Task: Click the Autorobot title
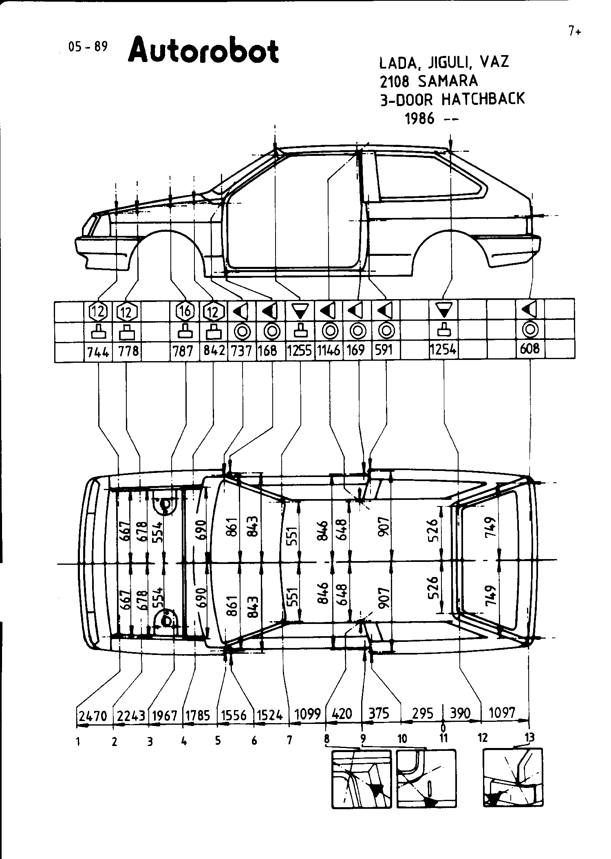click(203, 51)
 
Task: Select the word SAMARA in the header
click(448, 81)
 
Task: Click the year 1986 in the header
click(419, 119)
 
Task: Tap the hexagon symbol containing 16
click(185, 312)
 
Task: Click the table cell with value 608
click(530, 349)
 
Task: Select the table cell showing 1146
click(329, 351)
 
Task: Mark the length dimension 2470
click(93, 715)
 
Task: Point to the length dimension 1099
click(307, 714)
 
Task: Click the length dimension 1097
click(502, 713)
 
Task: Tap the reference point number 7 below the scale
click(289, 740)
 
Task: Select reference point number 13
click(530, 737)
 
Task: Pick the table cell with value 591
click(383, 350)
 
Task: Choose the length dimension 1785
click(198, 715)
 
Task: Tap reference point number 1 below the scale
click(77, 741)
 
